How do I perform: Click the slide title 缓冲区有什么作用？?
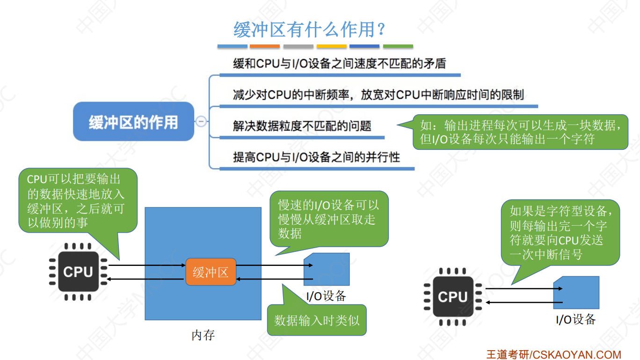click(x=309, y=30)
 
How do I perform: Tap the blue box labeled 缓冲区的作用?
click(x=133, y=122)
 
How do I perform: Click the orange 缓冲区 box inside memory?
click(x=211, y=272)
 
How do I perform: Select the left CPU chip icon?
click(x=78, y=272)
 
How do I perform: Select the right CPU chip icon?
click(x=452, y=297)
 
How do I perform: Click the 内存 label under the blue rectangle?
click(x=203, y=335)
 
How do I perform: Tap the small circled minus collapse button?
click(x=201, y=121)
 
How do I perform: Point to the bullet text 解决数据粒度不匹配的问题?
click(x=302, y=126)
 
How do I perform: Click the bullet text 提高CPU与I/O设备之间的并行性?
click(x=316, y=157)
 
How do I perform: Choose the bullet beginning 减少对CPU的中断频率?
click(x=378, y=95)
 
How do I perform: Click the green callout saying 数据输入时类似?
click(x=317, y=320)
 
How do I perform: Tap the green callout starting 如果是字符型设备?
click(x=560, y=233)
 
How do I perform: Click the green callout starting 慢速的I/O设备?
click(x=329, y=219)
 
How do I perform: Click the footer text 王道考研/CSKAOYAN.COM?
click(x=553, y=354)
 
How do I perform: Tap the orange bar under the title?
click(x=264, y=46)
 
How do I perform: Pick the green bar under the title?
click(x=398, y=46)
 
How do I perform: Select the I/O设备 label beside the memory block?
click(x=326, y=296)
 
